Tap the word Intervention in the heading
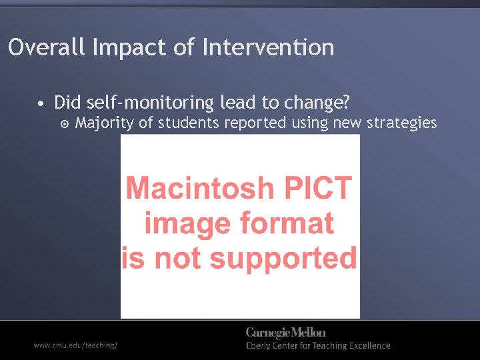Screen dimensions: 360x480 point(268,47)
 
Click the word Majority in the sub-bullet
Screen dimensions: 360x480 point(103,123)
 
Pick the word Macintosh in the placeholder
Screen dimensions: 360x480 point(198,188)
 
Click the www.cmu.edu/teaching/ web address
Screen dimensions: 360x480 point(76,345)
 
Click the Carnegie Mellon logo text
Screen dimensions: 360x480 point(286,332)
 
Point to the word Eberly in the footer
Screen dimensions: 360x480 point(261,346)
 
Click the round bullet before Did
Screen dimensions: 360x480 point(41,104)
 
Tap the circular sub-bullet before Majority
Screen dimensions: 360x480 point(64,124)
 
